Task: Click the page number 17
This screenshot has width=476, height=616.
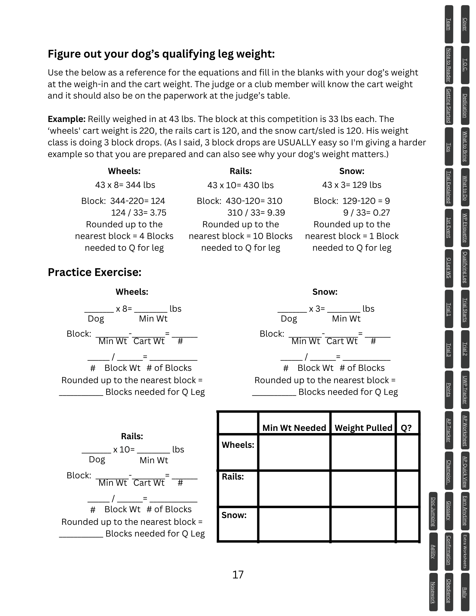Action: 238,575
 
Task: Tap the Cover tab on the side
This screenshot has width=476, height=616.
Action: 465,24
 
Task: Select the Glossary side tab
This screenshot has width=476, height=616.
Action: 449,511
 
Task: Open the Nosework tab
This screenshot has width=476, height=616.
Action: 433,592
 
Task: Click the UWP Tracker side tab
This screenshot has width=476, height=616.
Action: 465,390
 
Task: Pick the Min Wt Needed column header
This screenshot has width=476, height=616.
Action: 294,428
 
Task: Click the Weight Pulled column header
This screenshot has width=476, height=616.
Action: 363,428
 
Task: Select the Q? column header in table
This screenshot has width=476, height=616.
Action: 406,428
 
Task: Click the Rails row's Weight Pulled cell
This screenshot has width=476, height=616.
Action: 363,488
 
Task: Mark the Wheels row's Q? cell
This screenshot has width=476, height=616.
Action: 407,452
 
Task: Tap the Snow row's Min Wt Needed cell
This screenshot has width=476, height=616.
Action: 294,524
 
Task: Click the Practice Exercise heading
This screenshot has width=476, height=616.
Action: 95,272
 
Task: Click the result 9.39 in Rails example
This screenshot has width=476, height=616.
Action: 274,213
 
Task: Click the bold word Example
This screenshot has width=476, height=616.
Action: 67,119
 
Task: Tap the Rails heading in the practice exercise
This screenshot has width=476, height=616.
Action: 132,436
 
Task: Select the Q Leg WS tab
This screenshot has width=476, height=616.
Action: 449,268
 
